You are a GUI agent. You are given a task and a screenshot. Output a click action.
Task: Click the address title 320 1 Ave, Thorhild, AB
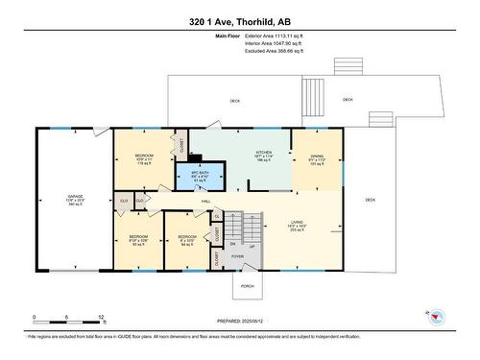[x=240, y=21]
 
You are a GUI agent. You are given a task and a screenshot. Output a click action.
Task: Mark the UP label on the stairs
[x=252, y=246]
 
